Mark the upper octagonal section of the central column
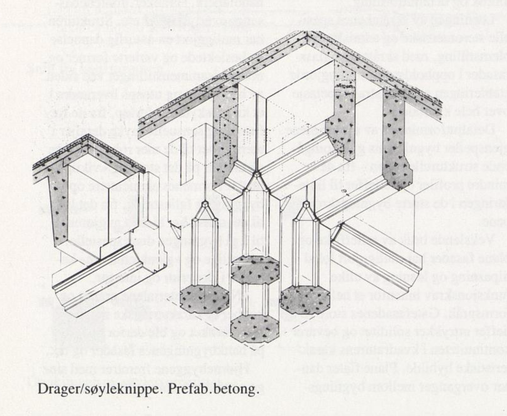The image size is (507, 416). (x=255, y=270)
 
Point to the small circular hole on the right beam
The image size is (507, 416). (x=344, y=191)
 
